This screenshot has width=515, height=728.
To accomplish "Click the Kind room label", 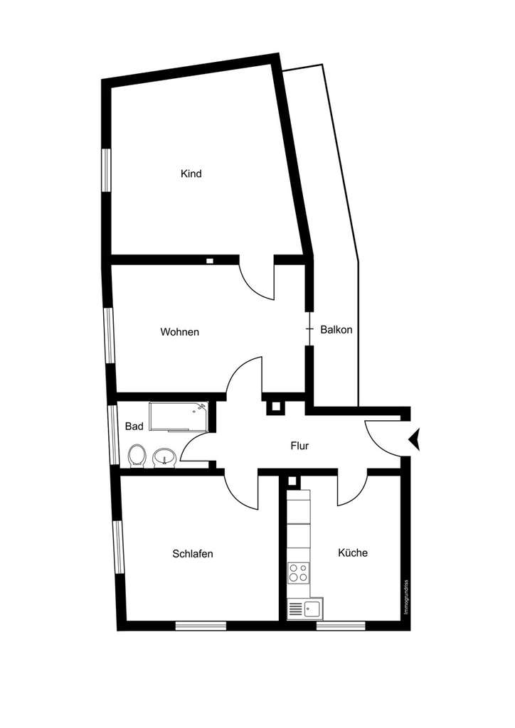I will pos(191,173).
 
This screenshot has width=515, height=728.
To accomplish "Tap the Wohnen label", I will pos(179,332).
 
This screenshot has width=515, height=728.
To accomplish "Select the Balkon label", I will pos(336,330).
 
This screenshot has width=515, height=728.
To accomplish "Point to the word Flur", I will pos(299,446).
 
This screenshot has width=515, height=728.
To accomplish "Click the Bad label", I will pos(134,427).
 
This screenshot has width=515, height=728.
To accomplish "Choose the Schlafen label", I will pos(193,554).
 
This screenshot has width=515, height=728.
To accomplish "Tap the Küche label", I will pos(353,552).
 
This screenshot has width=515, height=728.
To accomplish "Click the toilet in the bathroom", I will pos(137,455).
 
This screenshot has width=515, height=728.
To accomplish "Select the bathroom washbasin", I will pos(164,456).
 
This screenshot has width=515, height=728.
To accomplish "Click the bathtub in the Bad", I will pos(177,417).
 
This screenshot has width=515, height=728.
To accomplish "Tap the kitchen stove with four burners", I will pos(298,572).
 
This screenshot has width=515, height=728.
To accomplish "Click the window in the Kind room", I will pos(107,169).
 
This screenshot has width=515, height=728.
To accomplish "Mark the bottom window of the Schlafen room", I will pos(201,626).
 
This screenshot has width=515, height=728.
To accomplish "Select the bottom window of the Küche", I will pos(341,626).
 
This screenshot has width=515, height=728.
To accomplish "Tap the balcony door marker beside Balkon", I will pos(309,329).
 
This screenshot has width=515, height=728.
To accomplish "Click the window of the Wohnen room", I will pos(109,335).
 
